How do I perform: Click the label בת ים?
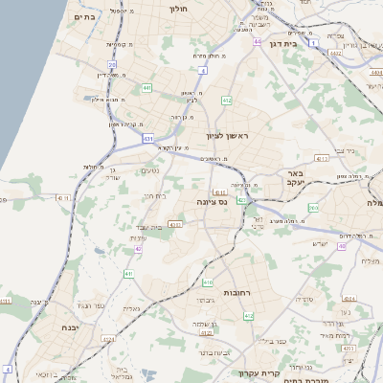point(84,16)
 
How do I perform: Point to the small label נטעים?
point(150,169)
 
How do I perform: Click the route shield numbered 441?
point(146,87)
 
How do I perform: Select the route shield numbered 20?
point(112,65)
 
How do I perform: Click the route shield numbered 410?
point(208,282)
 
